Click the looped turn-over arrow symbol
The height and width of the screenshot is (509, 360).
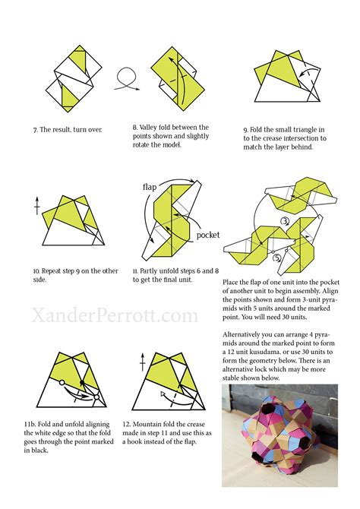point(126,79)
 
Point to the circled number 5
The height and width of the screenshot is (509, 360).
point(276,257)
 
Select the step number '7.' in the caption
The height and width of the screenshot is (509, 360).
point(36,130)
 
